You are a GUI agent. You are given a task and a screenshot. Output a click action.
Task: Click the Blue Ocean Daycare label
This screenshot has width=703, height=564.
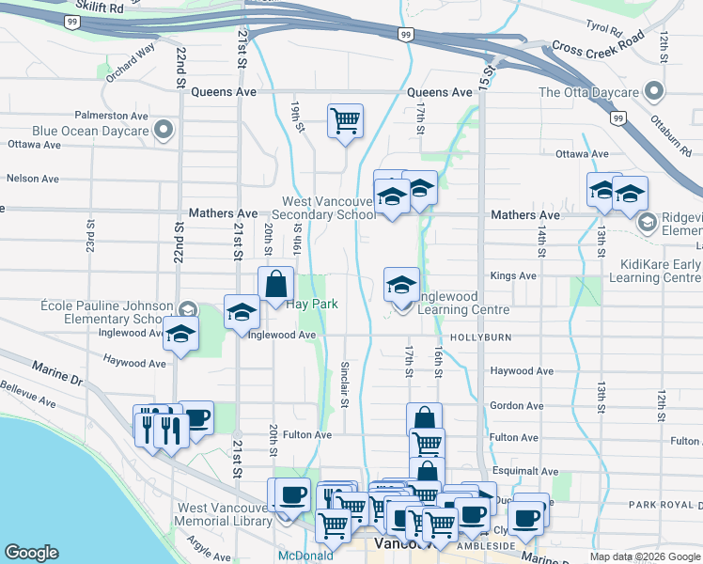89,131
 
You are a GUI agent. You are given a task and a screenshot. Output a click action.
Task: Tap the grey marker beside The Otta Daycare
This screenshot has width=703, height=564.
654,92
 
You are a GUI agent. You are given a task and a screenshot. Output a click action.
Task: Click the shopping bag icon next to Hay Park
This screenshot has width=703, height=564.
276,284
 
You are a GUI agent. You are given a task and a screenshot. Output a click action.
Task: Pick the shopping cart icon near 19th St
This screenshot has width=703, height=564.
345,120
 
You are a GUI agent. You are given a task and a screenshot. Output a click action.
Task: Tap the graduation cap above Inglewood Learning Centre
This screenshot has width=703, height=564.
402,284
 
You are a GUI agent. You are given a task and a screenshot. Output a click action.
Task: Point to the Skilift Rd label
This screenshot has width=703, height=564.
102,8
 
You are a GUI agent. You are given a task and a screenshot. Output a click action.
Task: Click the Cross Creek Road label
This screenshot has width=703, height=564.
598,43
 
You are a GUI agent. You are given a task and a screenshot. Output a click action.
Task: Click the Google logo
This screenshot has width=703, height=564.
31,553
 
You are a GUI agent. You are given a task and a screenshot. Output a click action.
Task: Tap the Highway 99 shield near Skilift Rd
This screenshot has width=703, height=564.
71,20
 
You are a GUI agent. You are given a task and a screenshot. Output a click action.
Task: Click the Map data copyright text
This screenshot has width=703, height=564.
644,556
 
